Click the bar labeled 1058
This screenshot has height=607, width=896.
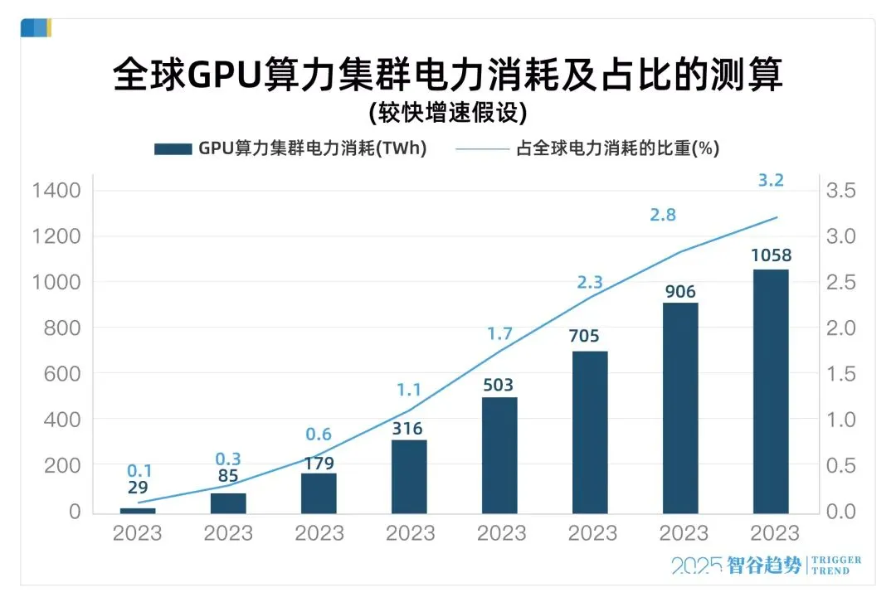(x=771, y=391)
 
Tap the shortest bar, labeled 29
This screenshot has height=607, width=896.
(x=138, y=510)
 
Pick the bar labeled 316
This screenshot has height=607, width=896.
(x=409, y=477)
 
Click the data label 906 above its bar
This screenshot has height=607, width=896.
(x=680, y=292)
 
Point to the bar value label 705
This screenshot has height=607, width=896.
(x=590, y=337)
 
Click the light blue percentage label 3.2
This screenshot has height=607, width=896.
(x=771, y=178)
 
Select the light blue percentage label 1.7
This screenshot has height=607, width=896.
(x=499, y=334)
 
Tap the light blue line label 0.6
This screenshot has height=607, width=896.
(x=319, y=435)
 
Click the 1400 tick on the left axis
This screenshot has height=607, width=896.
(x=56, y=192)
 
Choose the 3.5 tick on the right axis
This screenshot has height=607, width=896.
(x=844, y=192)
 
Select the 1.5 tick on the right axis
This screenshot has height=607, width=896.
(x=844, y=374)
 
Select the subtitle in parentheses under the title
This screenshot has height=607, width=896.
(x=448, y=113)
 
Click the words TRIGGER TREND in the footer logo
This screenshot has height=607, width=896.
(x=835, y=566)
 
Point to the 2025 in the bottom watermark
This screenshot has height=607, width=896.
(x=695, y=566)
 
